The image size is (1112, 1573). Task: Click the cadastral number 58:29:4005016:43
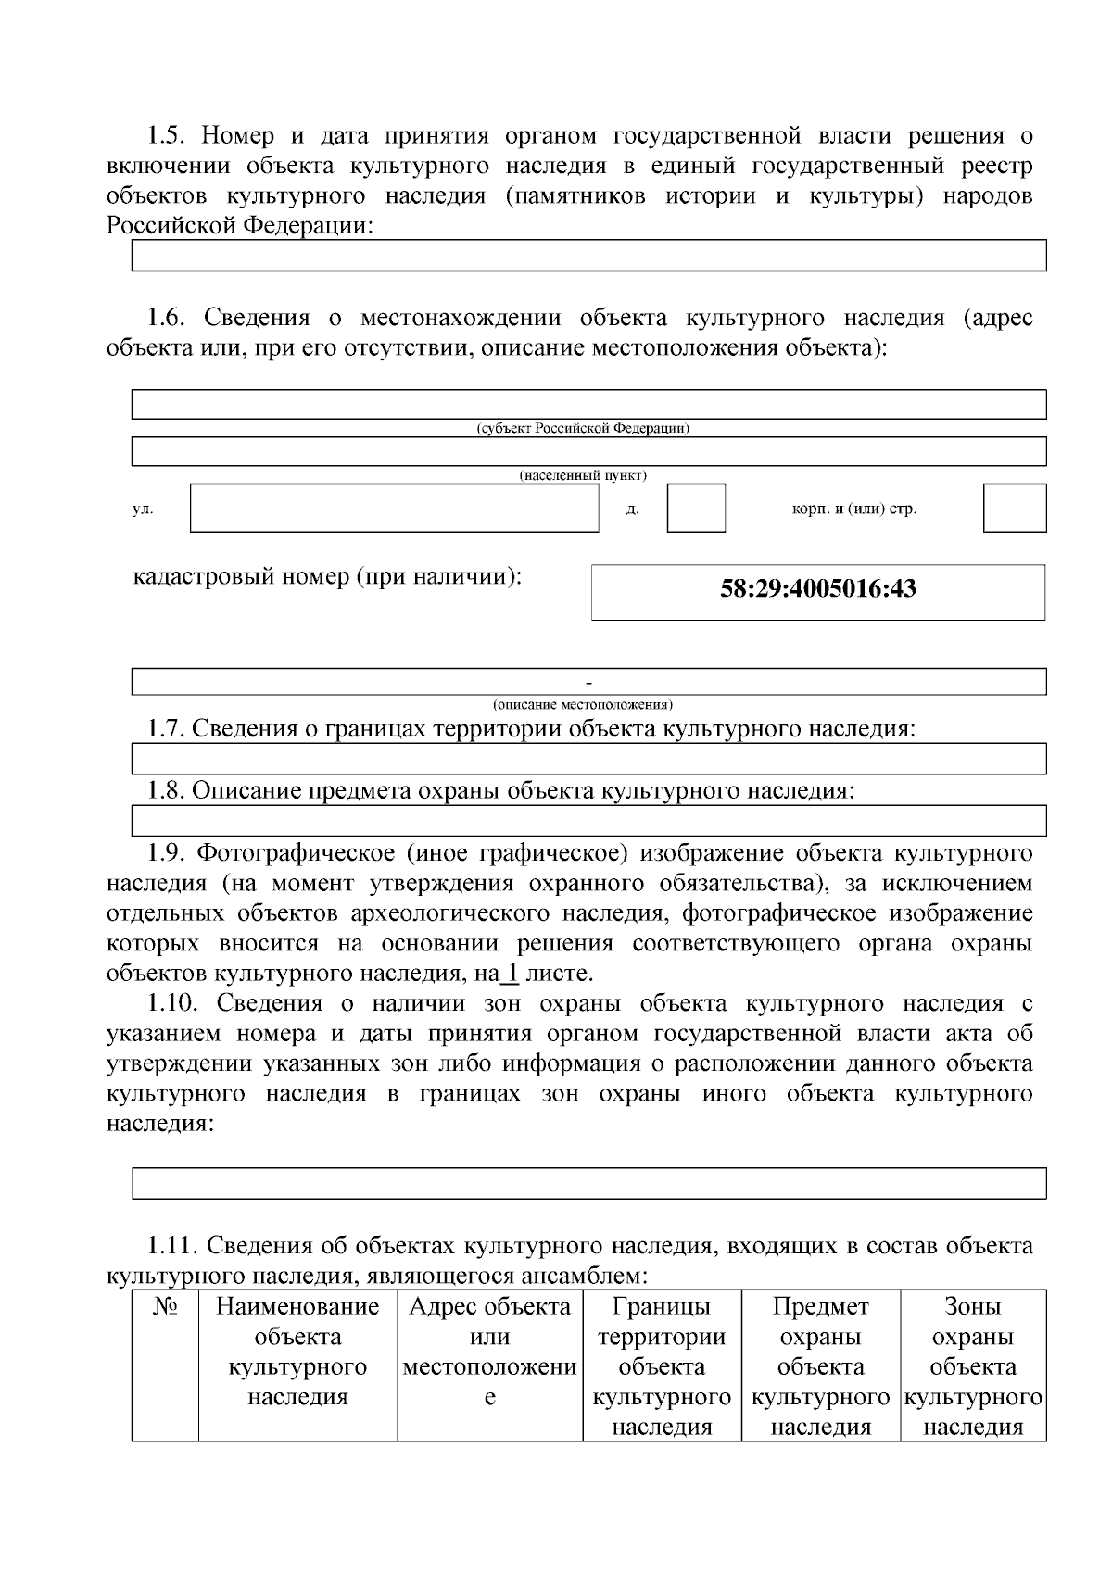[x=817, y=589]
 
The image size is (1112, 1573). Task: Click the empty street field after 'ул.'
[x=394, y=508]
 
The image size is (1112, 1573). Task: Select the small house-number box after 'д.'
[x=695, y=508]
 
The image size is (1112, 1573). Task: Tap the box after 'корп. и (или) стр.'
[x=1014, y=508]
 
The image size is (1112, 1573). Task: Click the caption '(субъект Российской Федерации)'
[x=583, y=429]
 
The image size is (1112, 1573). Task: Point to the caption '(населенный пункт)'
[x=583, y=475]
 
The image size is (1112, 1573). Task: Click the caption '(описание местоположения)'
[x=583, y=703]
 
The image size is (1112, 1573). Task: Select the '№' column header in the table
[x=165, y=1307]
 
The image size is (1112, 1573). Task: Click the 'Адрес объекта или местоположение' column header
[x=489, y=1351]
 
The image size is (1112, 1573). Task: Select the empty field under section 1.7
[x=588, y=759]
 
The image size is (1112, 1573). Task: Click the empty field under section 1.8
[x=588, y=821]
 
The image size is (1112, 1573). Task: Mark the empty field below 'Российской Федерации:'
[x=588, y=256]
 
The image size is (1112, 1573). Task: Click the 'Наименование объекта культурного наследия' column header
[x=297, y=1351]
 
